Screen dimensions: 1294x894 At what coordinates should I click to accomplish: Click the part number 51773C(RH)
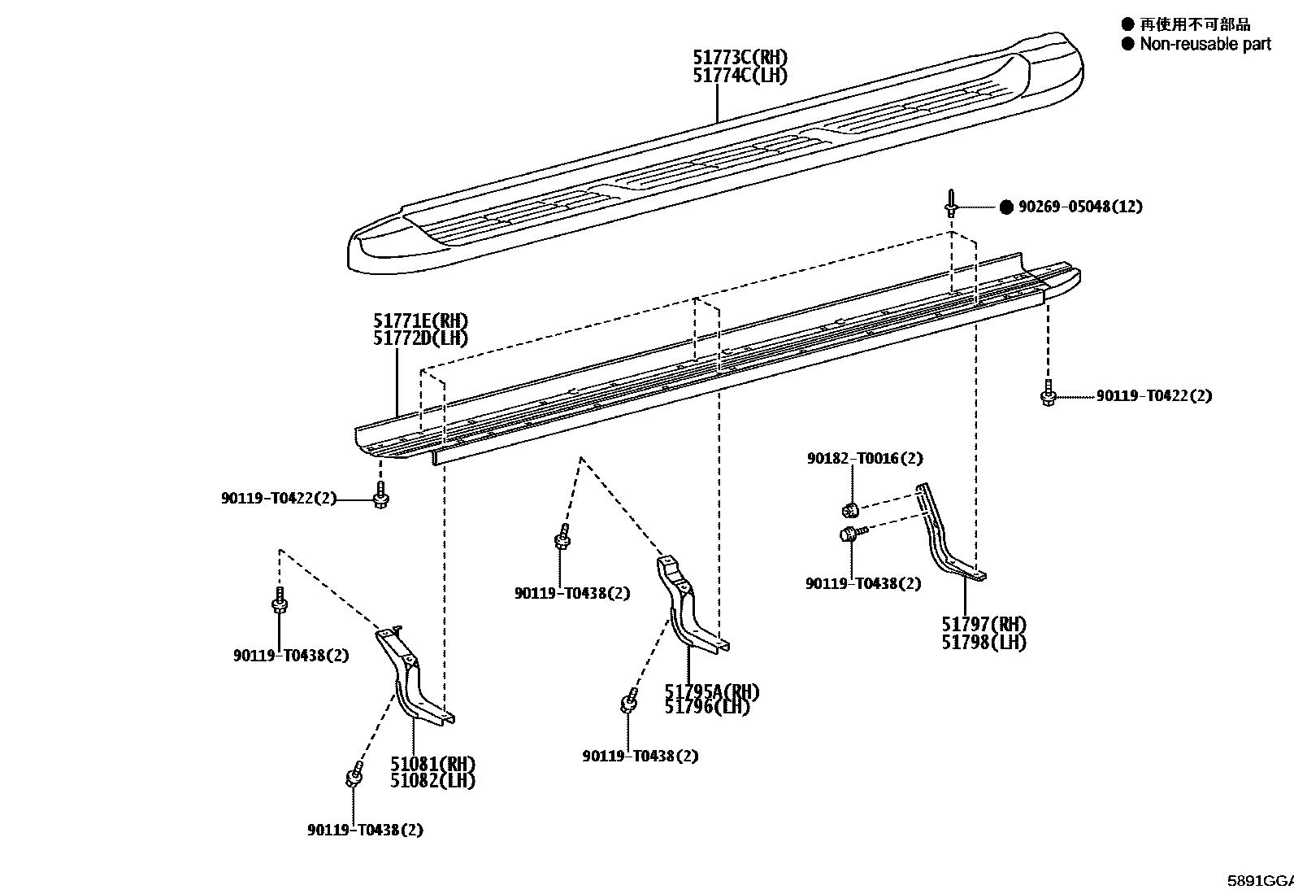(x=740, y=57)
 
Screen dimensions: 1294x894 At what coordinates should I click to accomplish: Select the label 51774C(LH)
(x=740, y=75)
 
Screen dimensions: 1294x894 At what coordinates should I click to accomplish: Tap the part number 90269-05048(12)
(x=1080, y=207)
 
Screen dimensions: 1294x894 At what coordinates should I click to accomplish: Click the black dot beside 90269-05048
(x=1006, y=207)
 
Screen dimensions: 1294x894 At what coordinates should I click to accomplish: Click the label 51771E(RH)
(x=420, y=321)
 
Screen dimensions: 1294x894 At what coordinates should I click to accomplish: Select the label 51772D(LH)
(x=420, y=338)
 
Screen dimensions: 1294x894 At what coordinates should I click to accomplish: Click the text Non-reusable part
(x=1205, y=44)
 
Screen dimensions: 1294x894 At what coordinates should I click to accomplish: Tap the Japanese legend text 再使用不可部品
(x=1195, y=24)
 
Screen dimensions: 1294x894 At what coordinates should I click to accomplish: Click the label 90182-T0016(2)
(x=865, y=458)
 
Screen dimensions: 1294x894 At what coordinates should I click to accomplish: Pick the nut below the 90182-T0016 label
(x=850, y=510)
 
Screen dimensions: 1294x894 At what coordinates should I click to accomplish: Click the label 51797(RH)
(x=984, y=624)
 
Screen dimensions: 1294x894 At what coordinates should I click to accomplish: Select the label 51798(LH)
(x=984, y=642)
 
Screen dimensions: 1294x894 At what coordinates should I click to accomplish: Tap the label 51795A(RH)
(x=712, y=691)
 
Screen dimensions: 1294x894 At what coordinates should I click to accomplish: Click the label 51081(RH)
(x=432, y=764)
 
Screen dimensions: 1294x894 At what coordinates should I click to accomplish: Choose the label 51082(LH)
(x=432, y=781)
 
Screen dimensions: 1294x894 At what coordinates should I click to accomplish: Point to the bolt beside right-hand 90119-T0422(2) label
(x=1049, y=394)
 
